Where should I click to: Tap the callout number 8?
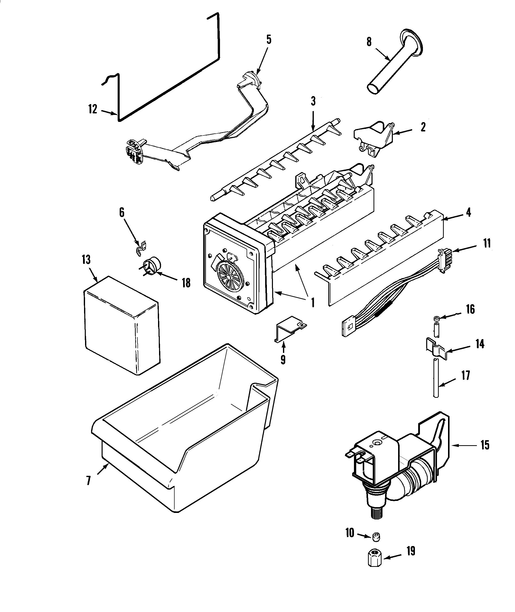[369, 42]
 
